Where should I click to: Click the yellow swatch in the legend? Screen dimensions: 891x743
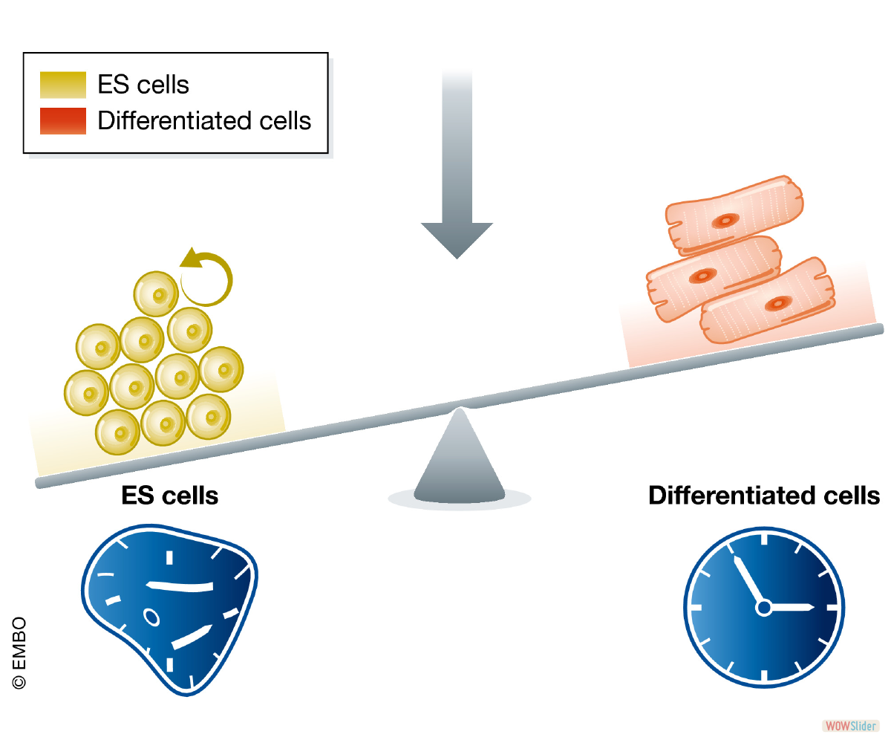pos(62,85)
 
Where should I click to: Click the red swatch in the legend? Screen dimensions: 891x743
pos(62,121)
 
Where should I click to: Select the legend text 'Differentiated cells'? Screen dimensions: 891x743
pos(204,120)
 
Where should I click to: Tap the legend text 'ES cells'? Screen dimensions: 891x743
pos(143,84)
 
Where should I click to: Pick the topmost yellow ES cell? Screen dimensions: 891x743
pos(156,294)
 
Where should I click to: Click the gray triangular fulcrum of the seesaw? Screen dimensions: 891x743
pos(459,457)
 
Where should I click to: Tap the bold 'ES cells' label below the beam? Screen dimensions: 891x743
pos(170,496)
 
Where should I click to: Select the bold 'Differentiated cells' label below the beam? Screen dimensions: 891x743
pos(764,496)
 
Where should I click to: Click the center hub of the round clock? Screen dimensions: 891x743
pos(764,607)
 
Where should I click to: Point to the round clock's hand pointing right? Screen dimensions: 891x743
pos(789,607)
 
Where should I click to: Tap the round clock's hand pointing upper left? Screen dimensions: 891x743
pos(749,582)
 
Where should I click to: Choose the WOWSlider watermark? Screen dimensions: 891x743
pos(850,726)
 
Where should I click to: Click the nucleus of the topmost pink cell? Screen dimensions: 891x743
pos(725,221)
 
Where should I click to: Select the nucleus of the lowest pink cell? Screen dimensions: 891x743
pos(778,304)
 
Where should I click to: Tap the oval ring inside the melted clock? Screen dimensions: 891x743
pos(151,617)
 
